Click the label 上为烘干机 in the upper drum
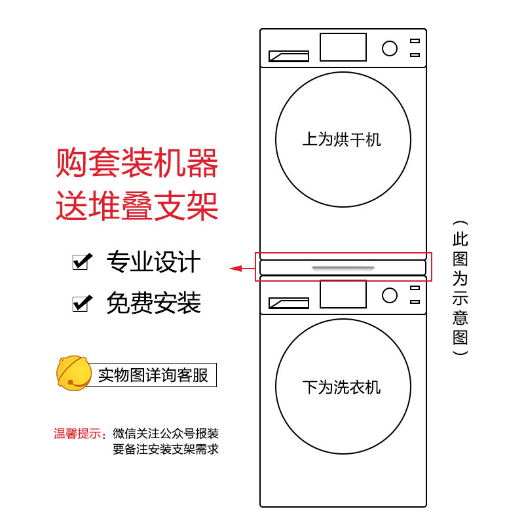341,140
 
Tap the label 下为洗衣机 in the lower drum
341,387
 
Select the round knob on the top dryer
390,48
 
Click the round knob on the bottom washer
390,295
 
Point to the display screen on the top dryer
343,47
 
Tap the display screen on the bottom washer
343,294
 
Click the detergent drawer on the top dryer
289,56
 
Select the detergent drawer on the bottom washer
289,303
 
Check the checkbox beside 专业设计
81,263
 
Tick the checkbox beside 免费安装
81,303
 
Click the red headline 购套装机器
136,164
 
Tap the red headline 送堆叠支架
136,206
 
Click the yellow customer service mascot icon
73,374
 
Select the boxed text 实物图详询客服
153,375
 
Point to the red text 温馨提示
80,434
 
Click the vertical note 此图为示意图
460,287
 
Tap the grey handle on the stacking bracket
343,268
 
